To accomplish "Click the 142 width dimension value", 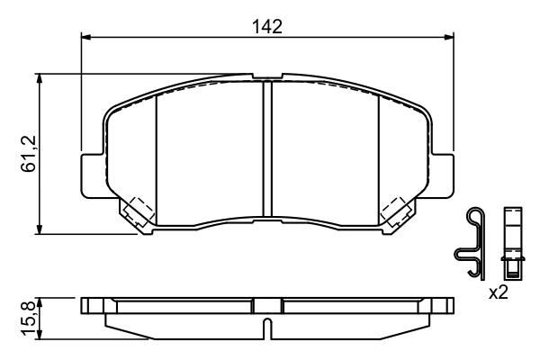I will coord(267,26).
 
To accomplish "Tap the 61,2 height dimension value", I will coord(28,154).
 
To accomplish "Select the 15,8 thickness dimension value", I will coord(28,317).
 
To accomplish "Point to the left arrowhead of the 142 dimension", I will coord(86,37).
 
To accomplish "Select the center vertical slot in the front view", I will coord(266,149).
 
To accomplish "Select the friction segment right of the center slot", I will coord(324,153).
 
